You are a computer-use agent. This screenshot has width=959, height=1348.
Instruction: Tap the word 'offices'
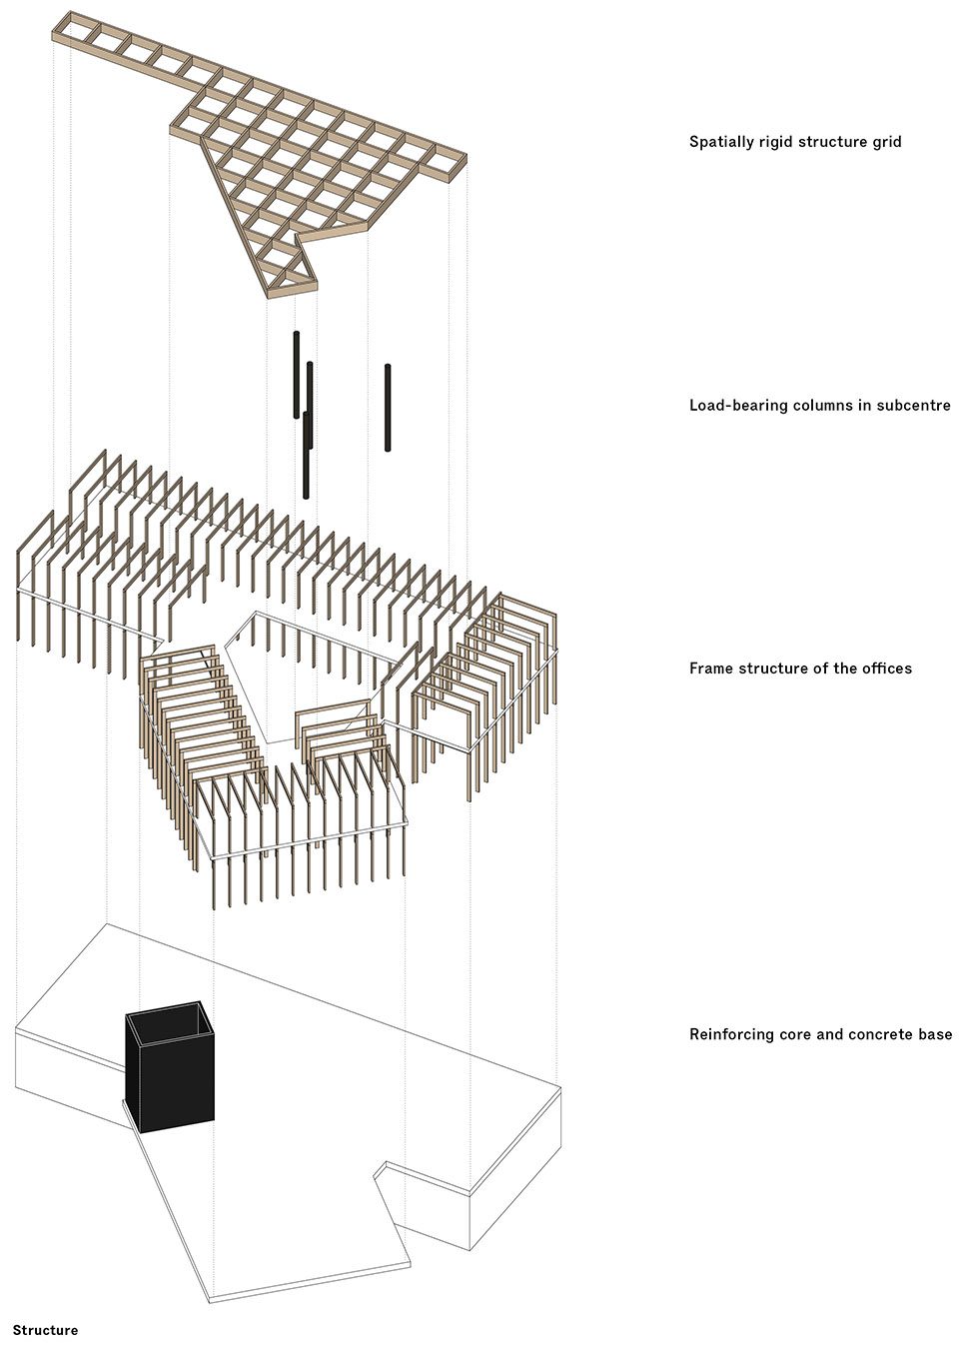pyautogui.click(x=890, y=668)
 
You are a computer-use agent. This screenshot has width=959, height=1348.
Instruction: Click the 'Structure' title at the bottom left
pyautogui.click(x=45, y=1331)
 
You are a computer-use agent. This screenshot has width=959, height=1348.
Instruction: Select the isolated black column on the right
pyautogui.click(x=388, y=408)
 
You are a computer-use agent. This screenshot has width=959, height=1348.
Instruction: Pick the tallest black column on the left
pyautogui.click(x=296, y=375)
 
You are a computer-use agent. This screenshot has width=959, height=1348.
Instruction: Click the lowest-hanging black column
pyautogui.click(x=307, y=455)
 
